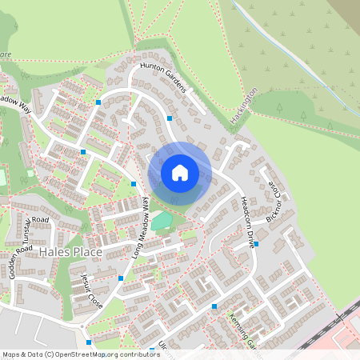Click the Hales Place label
pyautogui.click(x=70, y=252)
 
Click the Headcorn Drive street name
pyautogui.click(x=246, y=223)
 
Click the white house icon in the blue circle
pyautogui.click(x=179, y=172)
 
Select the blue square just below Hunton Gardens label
pyautogui.click(x=170, y=118)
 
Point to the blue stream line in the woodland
pyautogui.click(x=280, y=47)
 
